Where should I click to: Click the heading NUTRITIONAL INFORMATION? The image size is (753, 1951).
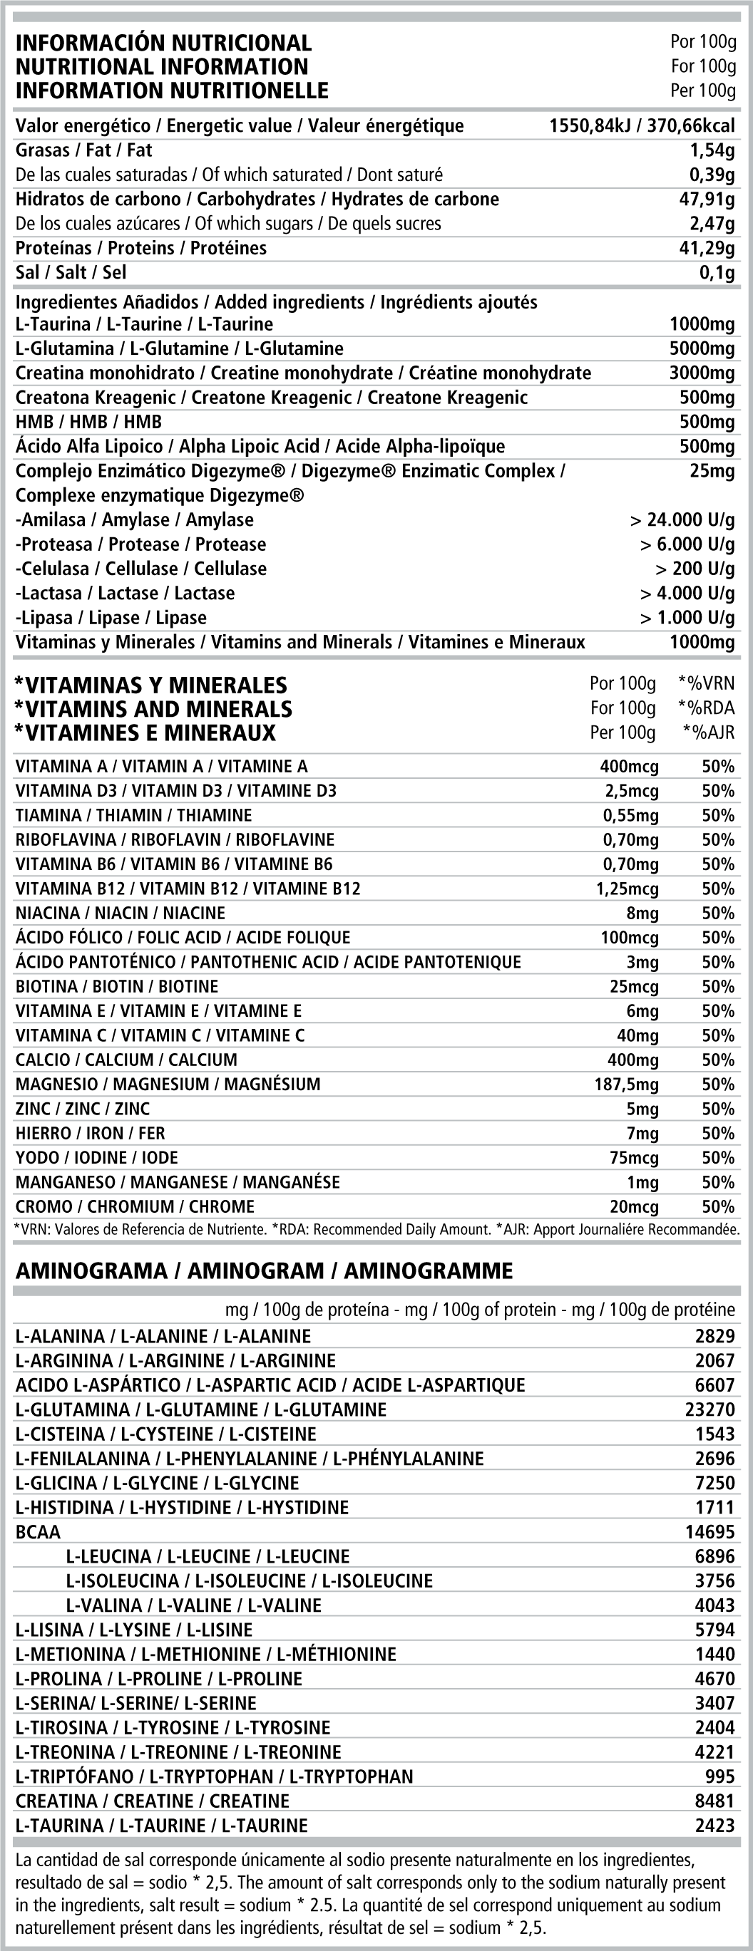(x=162, y=67)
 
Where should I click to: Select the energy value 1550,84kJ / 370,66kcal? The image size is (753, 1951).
(x=642, y=125)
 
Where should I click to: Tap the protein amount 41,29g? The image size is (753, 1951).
(x=707, y=249)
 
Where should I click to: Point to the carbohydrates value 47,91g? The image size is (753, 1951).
(x=707, y=200)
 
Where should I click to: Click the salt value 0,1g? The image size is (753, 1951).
(x=717, y=273)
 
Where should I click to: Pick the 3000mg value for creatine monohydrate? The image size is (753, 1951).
(x=702, y=373)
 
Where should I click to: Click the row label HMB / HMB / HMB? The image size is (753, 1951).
(x=88, y=422)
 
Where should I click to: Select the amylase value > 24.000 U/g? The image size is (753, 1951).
(x=682, y=520)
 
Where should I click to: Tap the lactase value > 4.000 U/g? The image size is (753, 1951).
(x=687, y=594)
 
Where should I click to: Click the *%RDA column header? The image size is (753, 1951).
(x=706, y=708)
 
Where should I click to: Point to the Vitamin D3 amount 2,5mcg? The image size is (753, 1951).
(x=632, y=792)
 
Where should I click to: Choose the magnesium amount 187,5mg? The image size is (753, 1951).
(x=627, y=1085)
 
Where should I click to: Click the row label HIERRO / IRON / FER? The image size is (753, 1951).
(x=90, y=1133)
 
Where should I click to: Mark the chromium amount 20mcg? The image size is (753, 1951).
(x=634, y=1206)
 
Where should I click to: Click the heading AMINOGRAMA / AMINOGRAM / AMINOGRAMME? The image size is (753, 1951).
(x=264, y=1271)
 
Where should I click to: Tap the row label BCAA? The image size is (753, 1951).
(x=38, y=1532)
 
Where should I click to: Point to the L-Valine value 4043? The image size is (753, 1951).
(x=714, y=1605)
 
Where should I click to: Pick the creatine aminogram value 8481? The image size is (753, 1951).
(x=714, y=1801)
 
